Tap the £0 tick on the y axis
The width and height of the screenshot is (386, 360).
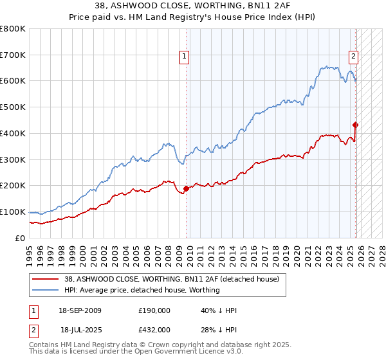pos(20,238)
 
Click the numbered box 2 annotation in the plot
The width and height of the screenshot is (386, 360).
pos(353,57)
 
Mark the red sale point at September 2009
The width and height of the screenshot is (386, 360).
pos(187,188)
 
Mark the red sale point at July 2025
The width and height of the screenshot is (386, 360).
pos(356,125)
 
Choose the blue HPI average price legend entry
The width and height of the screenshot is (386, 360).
pos(142,290)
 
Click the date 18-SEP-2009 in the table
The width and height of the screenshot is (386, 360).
pos(80,310)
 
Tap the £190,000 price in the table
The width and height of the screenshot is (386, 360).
pos(154,310)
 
